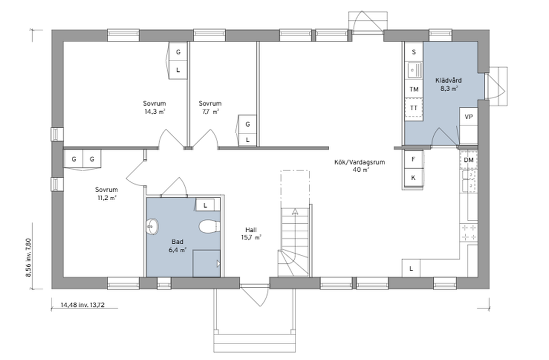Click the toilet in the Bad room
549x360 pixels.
[210, 226]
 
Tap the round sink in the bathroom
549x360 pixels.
[152, 226]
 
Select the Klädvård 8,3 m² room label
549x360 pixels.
[449, 84]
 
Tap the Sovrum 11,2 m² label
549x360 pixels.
[107, 194]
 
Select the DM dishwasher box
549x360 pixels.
[469, 160]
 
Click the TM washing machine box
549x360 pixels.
[414, 89]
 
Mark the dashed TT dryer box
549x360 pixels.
[414, 108]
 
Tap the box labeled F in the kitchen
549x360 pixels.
[413, 159]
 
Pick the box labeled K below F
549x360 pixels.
[413, 178]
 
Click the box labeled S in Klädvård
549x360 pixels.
[414, 52]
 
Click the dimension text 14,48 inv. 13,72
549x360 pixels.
[83, 305]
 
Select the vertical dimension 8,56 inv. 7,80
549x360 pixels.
[28, 258]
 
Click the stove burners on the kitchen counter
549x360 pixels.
[469, 232]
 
